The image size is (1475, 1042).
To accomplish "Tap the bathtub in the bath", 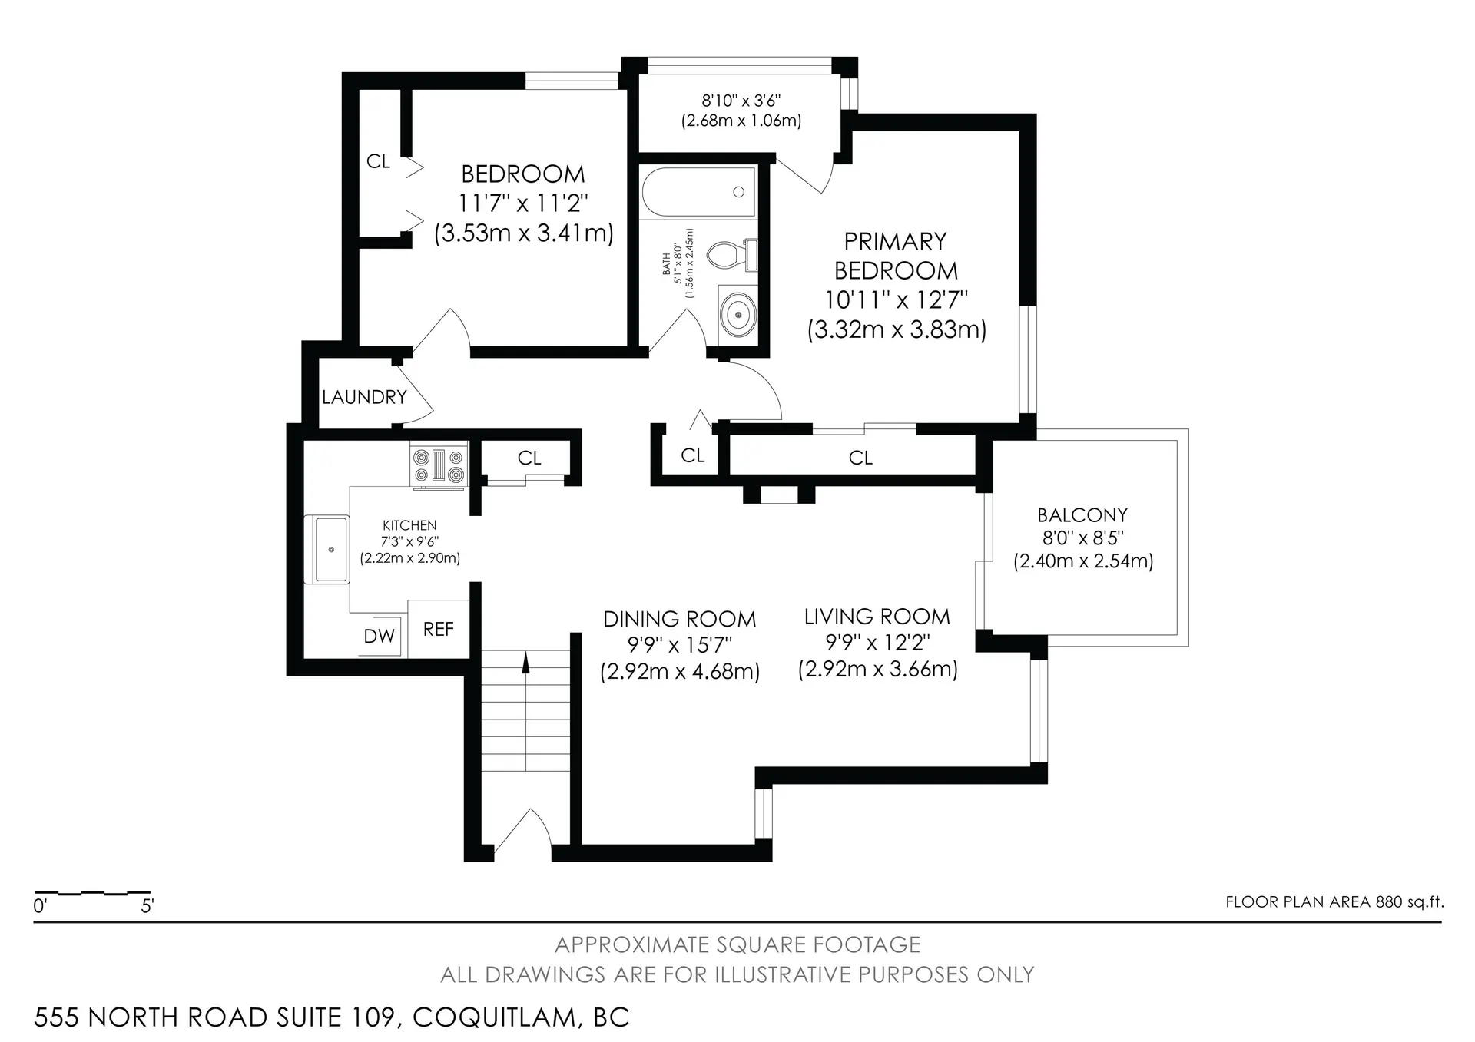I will [698, 192].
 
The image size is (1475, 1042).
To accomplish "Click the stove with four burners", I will [439, 465].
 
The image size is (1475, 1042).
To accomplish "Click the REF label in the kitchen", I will [439, 629].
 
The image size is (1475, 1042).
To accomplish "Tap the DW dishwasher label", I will [379, 636].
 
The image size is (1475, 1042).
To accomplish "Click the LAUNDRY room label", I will [364, 397].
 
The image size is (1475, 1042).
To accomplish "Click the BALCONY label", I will [1082, 514].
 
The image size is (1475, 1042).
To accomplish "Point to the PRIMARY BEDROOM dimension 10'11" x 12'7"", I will [896, 299].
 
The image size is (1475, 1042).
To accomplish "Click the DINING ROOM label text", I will [679, 619].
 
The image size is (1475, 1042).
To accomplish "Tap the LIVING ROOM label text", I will [877, 617].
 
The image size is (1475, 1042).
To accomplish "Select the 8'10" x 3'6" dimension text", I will [741, 101].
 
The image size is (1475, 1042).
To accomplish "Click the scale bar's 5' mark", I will [147, 905].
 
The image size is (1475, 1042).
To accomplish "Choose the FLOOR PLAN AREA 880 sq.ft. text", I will [1334, 901].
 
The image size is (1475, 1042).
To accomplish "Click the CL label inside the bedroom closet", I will [378, 161].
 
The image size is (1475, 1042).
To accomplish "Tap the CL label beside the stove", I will [529, 458].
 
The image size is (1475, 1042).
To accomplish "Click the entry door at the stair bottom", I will [522, 833].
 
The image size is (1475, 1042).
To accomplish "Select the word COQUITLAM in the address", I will [494, 1017].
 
